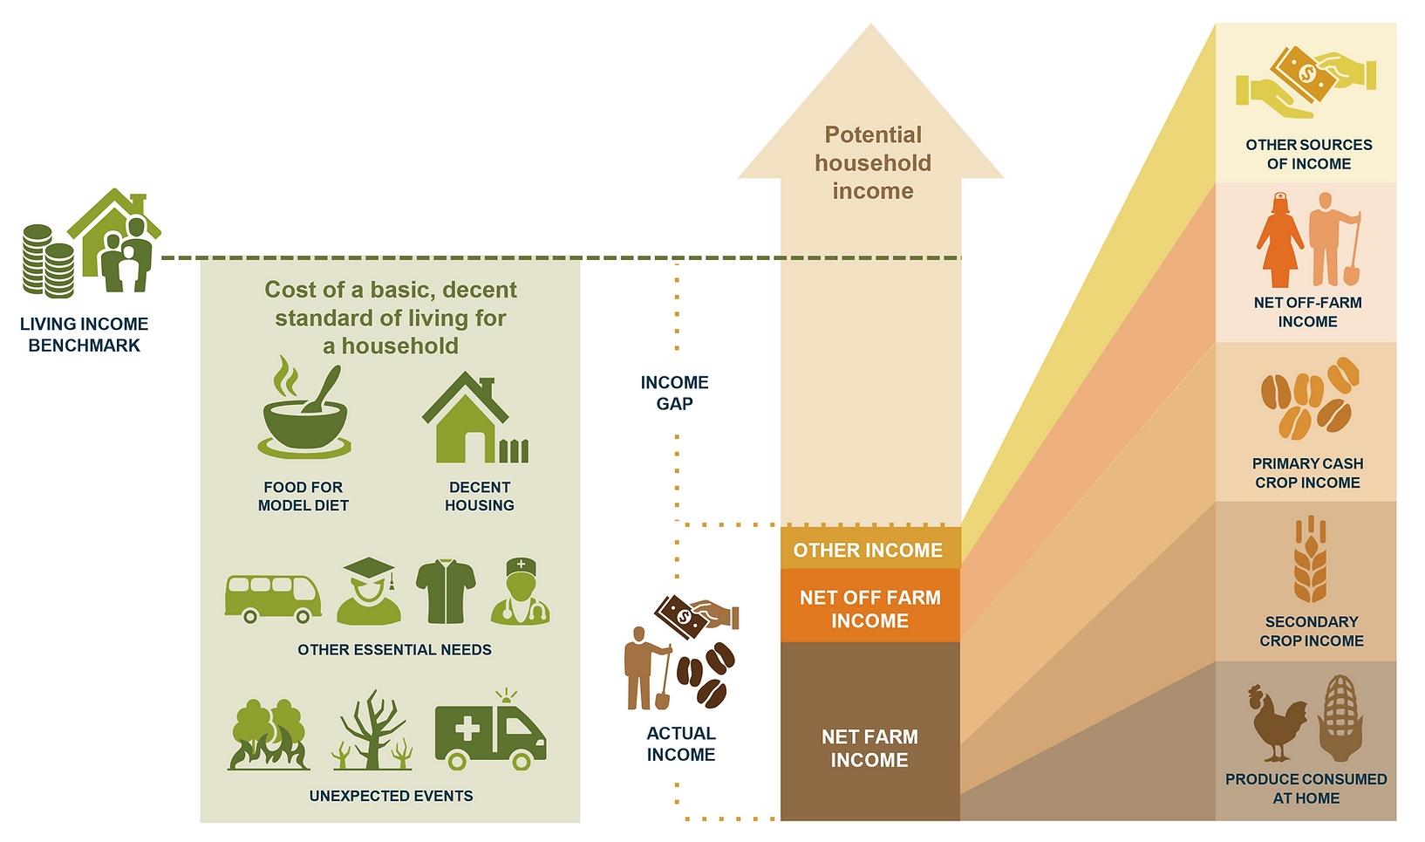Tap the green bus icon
[x=273, y=599]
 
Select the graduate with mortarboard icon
[x=369, y=592]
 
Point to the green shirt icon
[x=446, y=592]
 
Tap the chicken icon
[x=1278, y=723]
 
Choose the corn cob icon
[x=1340, y=718]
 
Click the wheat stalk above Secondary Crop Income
[x=1310, y=558]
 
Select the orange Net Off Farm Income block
[x=869, y=606]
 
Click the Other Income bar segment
[x=869, y=548]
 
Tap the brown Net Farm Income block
[x=869, y=731]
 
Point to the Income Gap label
[x=674, y=393]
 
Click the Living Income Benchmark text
[x=84, y=335]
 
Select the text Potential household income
[x=873, y=163]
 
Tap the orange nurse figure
[x=1279, y=240]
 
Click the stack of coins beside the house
[x=48, y=261]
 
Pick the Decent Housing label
[x=479, y=496]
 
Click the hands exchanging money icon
[x=1306, y=82]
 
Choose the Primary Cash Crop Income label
[x=1307, y=473]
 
